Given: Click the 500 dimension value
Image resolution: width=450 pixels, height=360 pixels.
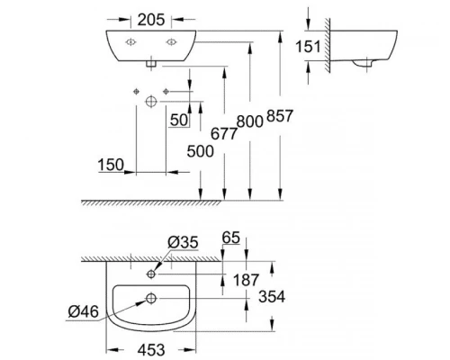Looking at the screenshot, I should (202, 151).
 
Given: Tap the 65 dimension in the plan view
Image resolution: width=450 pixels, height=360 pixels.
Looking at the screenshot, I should (231, 239).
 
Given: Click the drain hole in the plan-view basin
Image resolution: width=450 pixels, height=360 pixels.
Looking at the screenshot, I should (150, 298).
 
